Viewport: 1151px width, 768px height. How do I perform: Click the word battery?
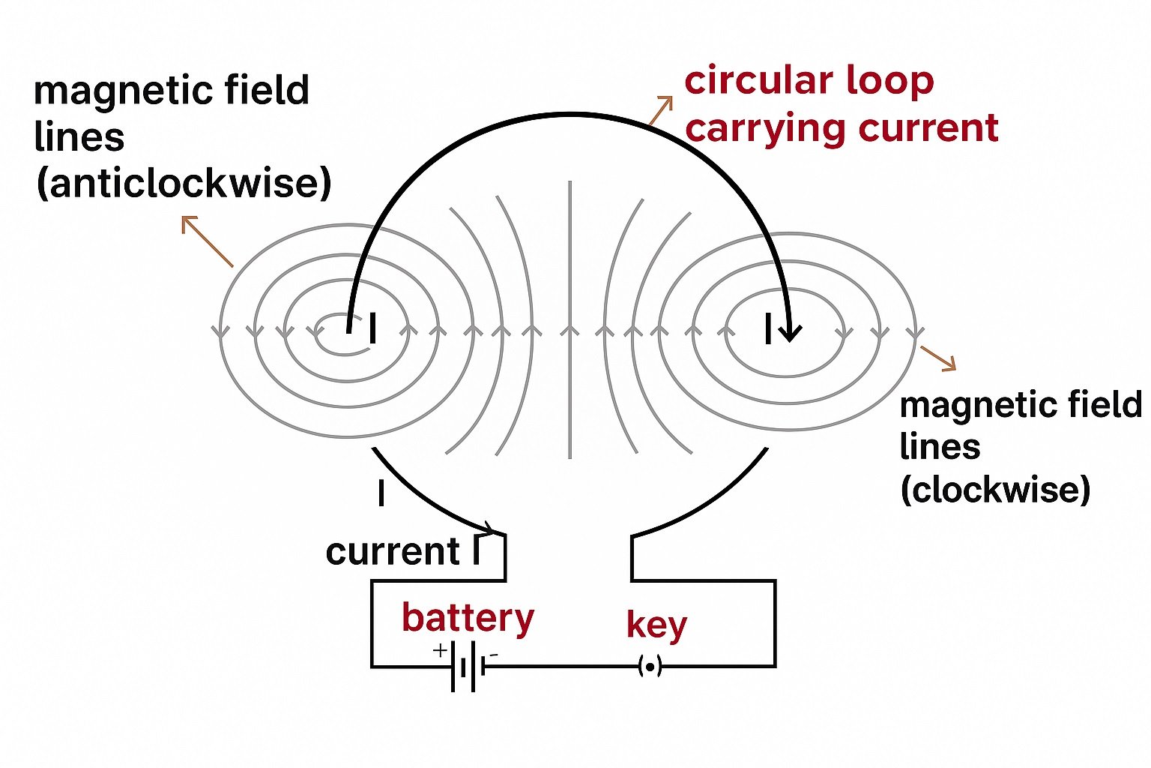468,618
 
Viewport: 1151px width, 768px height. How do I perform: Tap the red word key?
656,625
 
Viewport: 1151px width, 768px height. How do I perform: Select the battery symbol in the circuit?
468,666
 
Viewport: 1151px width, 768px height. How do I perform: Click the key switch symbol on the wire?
650,666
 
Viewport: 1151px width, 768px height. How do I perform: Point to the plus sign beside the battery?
440,650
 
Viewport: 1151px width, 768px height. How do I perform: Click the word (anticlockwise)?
184,182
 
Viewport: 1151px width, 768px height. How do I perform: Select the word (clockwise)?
995,490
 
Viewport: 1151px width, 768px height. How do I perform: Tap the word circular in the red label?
758,80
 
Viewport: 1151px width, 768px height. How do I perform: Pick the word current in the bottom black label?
392,552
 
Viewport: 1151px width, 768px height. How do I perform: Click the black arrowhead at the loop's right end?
790,331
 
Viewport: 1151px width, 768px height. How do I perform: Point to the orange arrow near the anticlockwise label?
207,241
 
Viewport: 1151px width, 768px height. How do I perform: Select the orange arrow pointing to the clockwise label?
938,358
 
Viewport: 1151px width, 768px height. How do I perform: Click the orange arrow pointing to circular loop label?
660,110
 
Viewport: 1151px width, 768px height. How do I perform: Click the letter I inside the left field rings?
372,329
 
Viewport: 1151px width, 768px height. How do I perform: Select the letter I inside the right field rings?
768,329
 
